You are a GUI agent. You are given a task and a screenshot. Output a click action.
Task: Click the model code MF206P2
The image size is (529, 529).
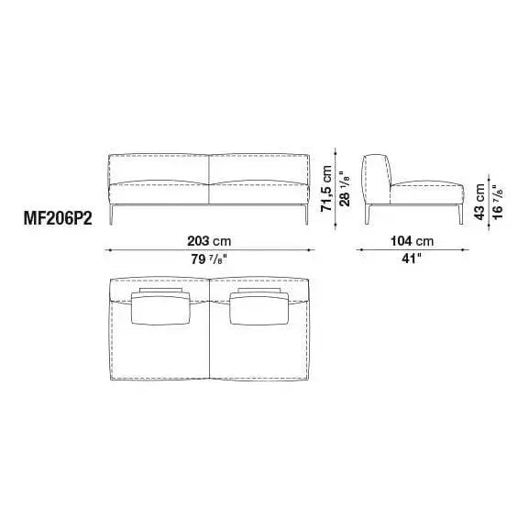click(x=58, y=219)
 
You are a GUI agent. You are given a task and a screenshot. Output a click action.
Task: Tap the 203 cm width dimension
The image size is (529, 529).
click(x=209, y=241)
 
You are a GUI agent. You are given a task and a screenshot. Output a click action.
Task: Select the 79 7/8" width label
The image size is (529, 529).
click(x=209, y=259)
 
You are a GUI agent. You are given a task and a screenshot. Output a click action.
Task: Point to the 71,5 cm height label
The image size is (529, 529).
click(x=326, y=188)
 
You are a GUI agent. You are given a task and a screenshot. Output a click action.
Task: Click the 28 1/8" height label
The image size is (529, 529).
click(x=345, y=191)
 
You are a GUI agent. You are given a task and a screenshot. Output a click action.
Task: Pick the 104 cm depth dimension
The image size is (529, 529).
click(x=412, y=241)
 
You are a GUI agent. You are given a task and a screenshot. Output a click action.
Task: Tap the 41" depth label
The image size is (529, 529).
click(x=412, y=259)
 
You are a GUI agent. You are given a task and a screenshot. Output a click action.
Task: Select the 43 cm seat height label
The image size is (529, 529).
click(x=479, y=202)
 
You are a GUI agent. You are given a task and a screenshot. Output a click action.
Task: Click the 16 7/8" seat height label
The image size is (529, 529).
click(x=498, y=202)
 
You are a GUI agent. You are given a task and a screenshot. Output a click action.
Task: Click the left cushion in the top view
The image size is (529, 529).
click(x=160, y=308)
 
